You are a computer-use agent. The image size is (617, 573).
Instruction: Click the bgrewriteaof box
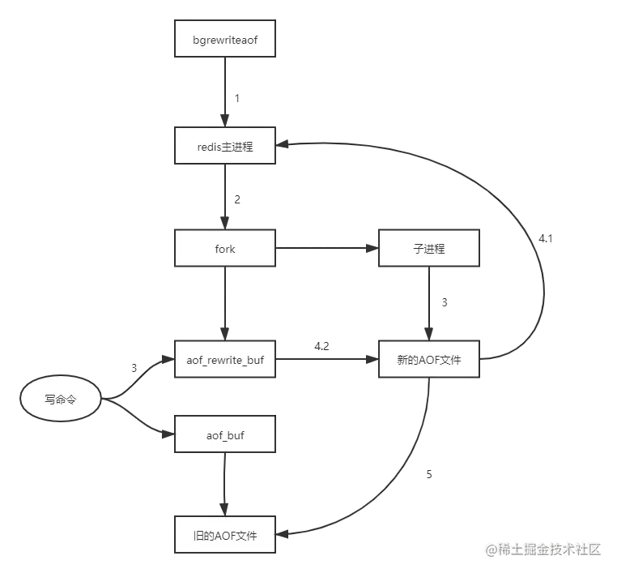click(x=225, y=38)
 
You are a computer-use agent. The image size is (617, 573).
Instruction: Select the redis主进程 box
click(x=225, y=147)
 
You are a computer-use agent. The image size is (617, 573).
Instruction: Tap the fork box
click(x=225, y=249)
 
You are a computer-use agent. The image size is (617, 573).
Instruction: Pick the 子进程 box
click(x=428, y=249)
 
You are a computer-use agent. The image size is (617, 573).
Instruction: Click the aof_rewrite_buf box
click(x=225, y=359)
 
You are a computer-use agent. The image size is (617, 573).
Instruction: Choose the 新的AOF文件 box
click(x=428, y=359)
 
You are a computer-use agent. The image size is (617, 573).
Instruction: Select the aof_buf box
click(x=225, y=436)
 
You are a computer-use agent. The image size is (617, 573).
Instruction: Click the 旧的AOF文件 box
click(x=225, y=534)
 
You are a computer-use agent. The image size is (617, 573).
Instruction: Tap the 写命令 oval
click(x=61, y=400)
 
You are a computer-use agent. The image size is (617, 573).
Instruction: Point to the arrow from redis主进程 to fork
click(x=225, y=197)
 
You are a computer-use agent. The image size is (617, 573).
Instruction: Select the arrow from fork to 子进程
click(x=326, y=249)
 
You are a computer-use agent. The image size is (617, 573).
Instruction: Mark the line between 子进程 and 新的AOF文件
click(x=428, y=304)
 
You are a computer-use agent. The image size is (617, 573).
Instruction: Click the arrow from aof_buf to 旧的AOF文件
click(x=225, y=484)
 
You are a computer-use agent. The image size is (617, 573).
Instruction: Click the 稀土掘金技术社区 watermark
click(x=543, y=549)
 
